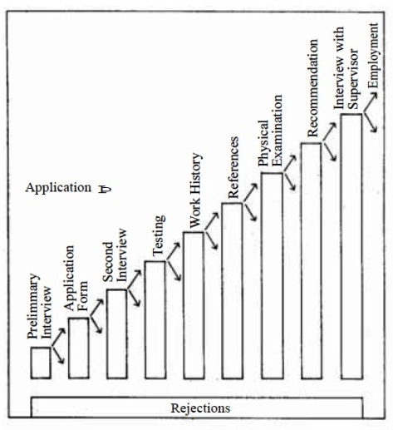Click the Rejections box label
point(200,408)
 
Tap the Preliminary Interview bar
point(41,363)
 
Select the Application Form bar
point(79,348)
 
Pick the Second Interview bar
point(117,334)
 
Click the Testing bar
point(155,319)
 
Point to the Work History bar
point(194,305)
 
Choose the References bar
point(232,290)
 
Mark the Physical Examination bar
point(272,275)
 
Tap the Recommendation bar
point(312,260)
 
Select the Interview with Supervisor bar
point(351,246)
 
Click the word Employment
point(373,56)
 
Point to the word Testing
point(159,235)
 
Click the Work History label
point(195,190)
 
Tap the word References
point(233,167)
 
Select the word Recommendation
point(312,88)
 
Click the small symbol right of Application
point(105,190)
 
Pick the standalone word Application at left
point(58,188)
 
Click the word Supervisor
point(353,78)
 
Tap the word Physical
point(263,143)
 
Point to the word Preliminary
point(33,306)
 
